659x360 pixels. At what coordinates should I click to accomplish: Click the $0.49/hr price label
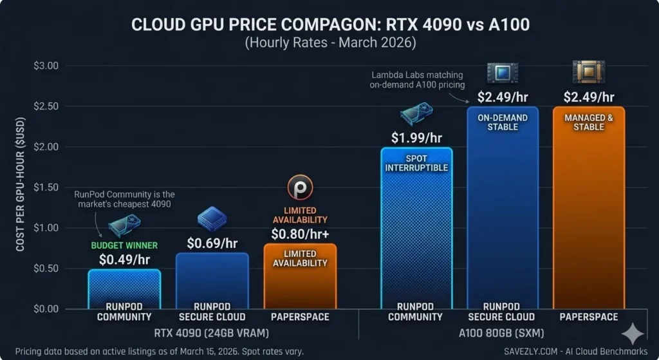124,259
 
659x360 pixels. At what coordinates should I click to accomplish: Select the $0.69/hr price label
212,243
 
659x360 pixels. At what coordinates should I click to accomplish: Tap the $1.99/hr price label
417,137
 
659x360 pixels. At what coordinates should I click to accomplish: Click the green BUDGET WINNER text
124,245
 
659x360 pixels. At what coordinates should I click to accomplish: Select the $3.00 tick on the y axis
45,66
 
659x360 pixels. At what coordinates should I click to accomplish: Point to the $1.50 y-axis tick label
45,187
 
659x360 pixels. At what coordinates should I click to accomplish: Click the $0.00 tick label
45,309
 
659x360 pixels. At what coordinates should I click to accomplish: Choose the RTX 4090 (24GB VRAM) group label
212,333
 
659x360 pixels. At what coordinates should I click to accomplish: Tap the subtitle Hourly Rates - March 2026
329,43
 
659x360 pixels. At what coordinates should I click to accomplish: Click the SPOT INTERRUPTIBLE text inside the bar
417,163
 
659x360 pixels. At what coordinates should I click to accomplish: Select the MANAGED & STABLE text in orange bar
589,122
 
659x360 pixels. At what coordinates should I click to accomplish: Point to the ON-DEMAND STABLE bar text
503,122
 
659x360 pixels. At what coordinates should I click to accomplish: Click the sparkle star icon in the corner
633,334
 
